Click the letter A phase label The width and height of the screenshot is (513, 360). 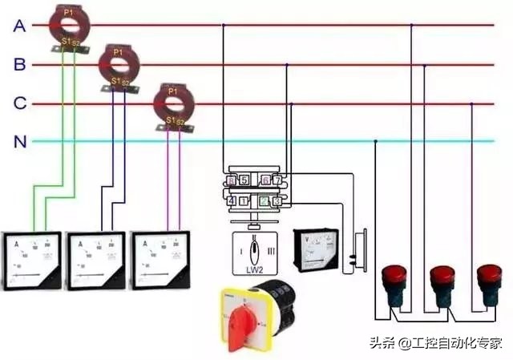[x=19, y=26]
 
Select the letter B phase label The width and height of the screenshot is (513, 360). [x=20, y=65]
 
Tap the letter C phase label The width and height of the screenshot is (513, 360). [x=20, y=103]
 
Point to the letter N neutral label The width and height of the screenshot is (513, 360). [x=20, y=142]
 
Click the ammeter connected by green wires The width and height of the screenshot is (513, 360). [x=31, y=260]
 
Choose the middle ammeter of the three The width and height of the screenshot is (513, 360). [x=95, y=260]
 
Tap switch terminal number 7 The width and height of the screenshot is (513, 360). [x=277, y=180]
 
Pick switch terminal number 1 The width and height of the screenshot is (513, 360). [x=244, y=200]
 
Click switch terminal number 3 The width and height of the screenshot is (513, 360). [x=277, y=200]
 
